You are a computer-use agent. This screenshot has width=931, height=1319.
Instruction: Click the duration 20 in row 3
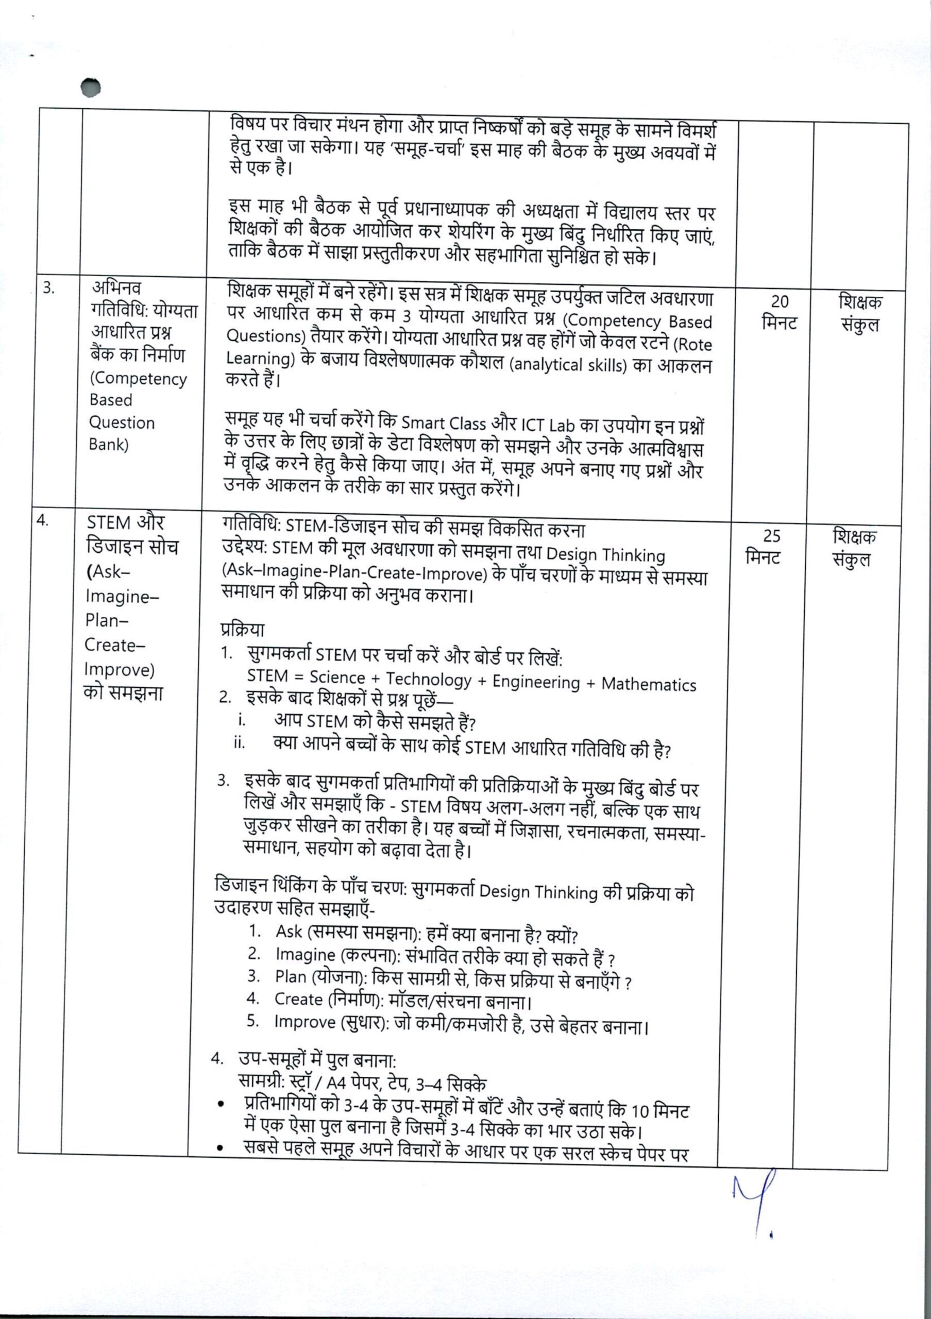point(780,301)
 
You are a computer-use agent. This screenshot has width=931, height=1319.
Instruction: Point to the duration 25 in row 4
point(771,535)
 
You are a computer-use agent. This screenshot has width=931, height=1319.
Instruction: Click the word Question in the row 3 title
point(122,423)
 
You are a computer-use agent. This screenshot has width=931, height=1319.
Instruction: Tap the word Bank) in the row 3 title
point(109,445)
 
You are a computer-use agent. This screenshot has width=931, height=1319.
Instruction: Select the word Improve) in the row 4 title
point(120,669)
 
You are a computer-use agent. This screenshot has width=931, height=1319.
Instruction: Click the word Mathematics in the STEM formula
point(649,684)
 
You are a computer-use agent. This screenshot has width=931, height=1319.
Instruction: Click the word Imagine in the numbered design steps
point(305,954)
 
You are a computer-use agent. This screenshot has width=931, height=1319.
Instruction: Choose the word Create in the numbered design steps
point(299,999)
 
